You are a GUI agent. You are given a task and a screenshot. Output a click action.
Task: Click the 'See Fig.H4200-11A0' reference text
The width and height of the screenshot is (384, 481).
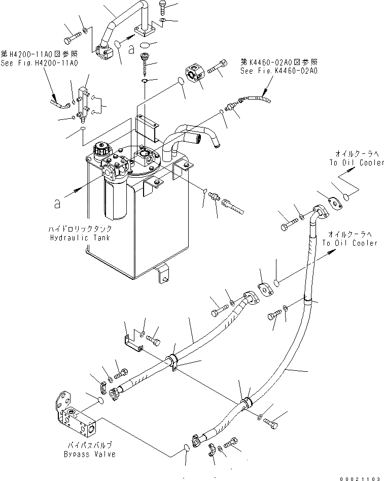[39, 63]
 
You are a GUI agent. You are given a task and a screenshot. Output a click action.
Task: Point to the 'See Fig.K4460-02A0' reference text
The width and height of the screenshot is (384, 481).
[279, 71]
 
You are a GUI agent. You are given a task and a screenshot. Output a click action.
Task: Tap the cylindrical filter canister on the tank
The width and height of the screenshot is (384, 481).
[115, 201]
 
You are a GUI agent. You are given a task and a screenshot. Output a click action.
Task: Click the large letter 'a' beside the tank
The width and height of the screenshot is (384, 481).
[59, 204]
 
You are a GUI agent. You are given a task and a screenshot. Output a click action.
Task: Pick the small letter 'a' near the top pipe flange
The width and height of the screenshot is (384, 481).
[131, 49]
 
